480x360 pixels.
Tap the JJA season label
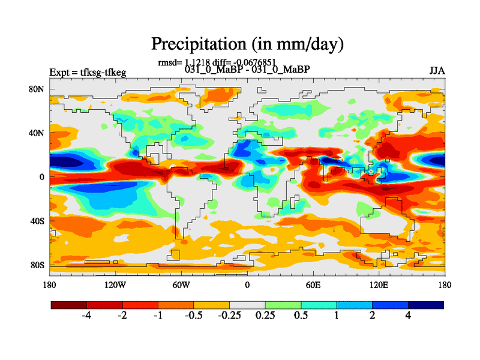point(437,70)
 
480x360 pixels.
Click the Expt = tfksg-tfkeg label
point(88,73)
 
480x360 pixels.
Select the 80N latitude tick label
point(37,89)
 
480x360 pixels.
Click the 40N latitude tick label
point(37,133)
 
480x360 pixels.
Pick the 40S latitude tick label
point(37,221)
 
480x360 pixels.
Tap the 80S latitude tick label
point(37,265)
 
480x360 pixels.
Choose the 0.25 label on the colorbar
point(265,316)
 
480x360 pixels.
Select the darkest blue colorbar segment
point(426,305)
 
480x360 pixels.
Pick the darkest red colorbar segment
point(68,305)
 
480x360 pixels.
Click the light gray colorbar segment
point(247,305)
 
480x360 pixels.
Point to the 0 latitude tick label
point(42,177)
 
